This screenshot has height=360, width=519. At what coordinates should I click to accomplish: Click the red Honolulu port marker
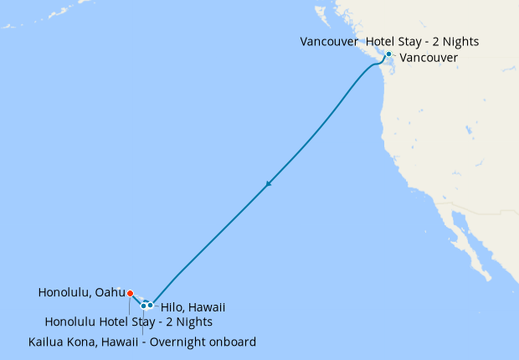coord(130,293)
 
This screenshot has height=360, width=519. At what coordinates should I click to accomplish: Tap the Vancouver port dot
coord(388,54)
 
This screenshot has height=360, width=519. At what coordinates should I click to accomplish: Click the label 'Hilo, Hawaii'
coord(193,307)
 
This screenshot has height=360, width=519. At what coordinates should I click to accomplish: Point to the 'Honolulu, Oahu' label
coord(81,293)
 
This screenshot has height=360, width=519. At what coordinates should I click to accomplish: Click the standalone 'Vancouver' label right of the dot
coord(429,58)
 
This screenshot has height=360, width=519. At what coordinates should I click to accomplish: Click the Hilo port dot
coord(151,305)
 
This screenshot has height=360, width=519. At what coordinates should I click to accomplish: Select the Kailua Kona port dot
coord(144,305)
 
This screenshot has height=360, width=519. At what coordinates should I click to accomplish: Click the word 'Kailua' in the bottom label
coord(47,342)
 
